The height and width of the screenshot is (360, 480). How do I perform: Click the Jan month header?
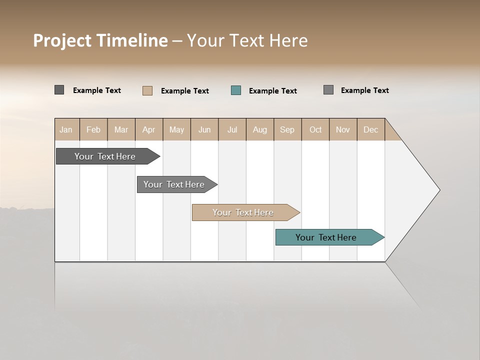point(66,129)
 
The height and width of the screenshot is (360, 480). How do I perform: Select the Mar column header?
point(121,129)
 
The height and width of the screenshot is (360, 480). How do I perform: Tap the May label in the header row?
point(176,129)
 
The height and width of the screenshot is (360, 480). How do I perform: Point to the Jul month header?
point(232,129)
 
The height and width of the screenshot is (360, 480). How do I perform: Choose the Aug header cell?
point(259,129)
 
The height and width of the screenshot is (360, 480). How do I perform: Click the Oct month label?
point(315,129)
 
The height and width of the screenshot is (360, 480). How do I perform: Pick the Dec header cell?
point(370,129)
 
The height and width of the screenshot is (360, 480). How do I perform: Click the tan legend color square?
point(147,90)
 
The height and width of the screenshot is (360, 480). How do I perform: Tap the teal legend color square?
point(236,90)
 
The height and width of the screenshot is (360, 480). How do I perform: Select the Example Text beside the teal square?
point(272,91)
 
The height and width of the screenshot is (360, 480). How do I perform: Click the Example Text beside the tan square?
point(184,91)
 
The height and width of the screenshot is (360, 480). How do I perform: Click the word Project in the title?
point(62,40)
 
